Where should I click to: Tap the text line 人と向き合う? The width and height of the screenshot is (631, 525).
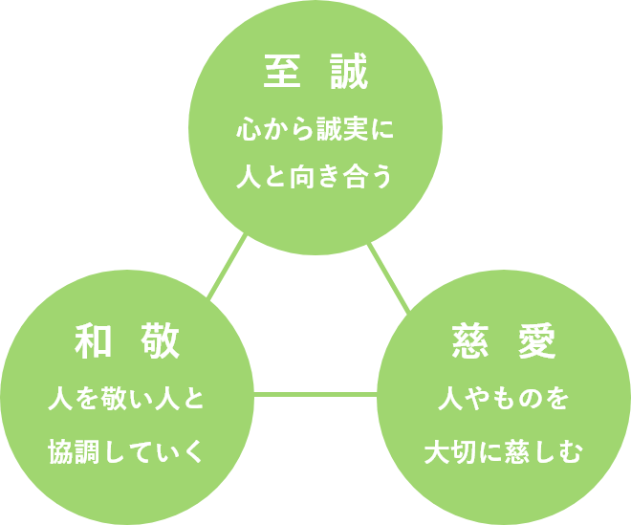point(315,179)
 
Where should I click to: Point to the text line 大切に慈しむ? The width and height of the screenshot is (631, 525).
point(503,450)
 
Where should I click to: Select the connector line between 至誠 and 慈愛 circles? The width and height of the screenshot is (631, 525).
point(390,277)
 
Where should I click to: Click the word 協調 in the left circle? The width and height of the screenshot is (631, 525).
point(75,450)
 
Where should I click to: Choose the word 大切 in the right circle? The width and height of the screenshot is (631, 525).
point(450,450)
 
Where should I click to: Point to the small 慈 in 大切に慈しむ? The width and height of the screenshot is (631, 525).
point(517,450)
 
